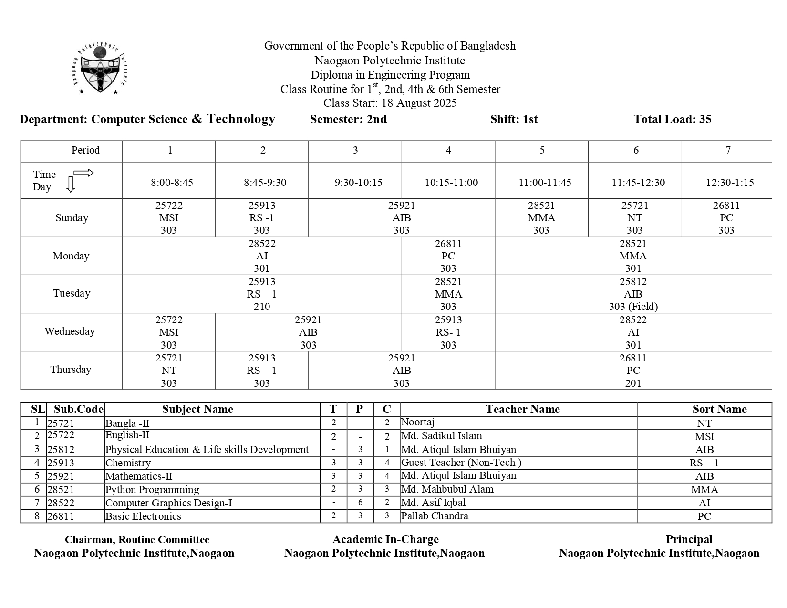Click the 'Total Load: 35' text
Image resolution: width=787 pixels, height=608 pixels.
672,119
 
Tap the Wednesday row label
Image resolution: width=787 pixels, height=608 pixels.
70,331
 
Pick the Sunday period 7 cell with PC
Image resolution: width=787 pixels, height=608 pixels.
726,218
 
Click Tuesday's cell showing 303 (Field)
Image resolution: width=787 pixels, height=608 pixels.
633,307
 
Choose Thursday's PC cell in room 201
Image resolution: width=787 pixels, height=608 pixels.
633,371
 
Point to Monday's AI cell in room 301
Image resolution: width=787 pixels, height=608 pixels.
262,256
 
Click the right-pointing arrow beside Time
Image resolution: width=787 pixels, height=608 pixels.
83,173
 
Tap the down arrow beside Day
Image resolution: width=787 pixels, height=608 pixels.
71,184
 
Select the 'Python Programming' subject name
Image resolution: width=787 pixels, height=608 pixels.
152,490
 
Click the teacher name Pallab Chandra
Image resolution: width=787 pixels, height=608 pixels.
435,516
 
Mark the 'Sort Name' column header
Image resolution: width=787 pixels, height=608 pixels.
719,409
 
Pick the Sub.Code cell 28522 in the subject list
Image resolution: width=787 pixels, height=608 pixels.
61,503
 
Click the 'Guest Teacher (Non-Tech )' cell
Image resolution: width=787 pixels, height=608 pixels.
461,463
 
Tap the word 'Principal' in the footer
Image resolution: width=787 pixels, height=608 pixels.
689,539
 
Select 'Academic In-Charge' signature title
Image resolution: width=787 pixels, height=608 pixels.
385,539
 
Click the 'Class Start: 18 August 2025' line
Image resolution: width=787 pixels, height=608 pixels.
390,103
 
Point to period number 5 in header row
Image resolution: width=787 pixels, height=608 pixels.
542,151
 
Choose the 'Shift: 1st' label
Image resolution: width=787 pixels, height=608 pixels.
514,119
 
